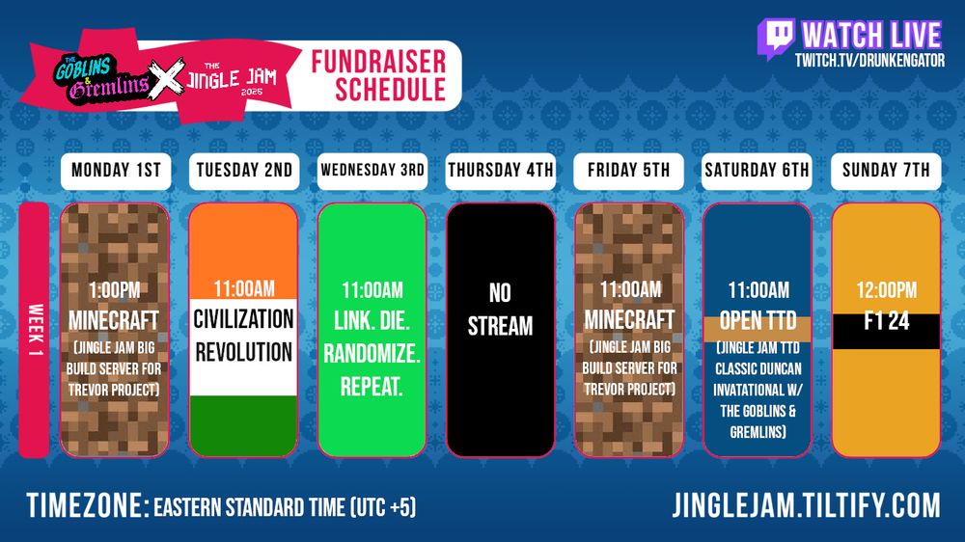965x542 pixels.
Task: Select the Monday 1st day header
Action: click(115, 171)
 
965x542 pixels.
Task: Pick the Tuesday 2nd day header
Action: click(243, 171)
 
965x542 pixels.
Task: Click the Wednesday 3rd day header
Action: click(372, 171)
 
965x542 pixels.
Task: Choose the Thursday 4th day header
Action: click(500, 171)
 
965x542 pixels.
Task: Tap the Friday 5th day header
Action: click(629, 171)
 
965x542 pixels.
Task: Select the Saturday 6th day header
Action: click(757, 171)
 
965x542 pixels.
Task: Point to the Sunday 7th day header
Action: click(885, 171)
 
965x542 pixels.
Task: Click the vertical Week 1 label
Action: click(33, 329)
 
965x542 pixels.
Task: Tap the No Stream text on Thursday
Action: click(500, 309)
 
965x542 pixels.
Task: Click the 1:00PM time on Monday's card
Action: click(115, 289)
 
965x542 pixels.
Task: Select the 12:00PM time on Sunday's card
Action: click(885, 290)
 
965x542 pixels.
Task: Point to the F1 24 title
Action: click(885, 322)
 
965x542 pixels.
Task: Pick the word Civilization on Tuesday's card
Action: click(243, 318)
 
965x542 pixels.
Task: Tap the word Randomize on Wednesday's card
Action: click(372, 355)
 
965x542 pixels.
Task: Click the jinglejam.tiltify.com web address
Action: click(806, 504)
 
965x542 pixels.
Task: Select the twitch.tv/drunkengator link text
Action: click(868, 61)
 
